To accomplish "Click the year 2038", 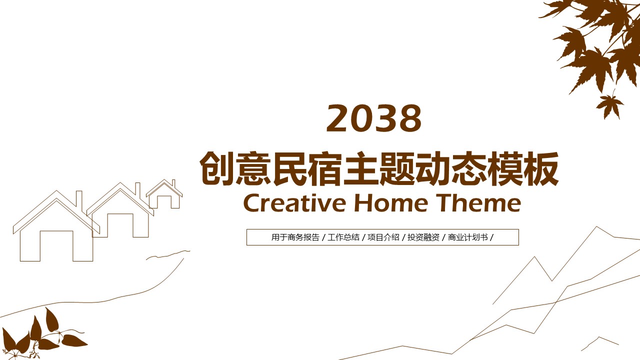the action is click(374, 118).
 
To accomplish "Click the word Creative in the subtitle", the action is click(294, 203).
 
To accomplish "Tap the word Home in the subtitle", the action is click(391, 203).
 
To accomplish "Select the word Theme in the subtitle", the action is click(479, 203).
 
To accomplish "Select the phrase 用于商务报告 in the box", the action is click(295, 237).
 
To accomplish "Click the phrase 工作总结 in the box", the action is click(343, 237).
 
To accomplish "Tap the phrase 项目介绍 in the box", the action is click(383, 237).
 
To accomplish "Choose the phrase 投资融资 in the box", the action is click(423, 237).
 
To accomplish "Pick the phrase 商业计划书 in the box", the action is click(467, 237).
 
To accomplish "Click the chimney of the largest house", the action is click(79, 199).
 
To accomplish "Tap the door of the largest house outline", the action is click(56, 245).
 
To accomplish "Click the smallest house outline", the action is click(164, 194).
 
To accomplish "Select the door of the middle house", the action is click(120, 225).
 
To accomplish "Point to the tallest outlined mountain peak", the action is click(596, 227).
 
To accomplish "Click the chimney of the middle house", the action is click(137, 189).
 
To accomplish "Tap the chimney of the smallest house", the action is click(173, 183).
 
